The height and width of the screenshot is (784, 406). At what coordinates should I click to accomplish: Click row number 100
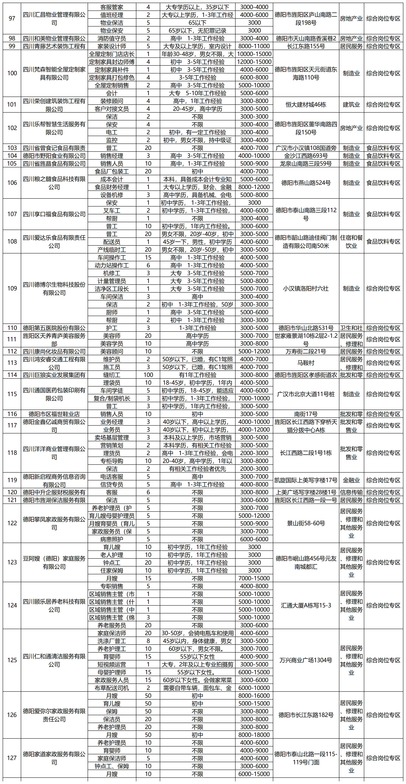(x=12, y=73)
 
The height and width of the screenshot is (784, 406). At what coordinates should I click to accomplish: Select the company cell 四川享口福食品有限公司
(x=54, y=214)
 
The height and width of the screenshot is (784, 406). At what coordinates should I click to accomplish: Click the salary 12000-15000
(x=254, y=62)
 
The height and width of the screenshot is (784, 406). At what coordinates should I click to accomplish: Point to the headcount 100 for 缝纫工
(x=148, y=375)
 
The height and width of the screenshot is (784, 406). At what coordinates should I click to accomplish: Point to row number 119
(x=12, y=480)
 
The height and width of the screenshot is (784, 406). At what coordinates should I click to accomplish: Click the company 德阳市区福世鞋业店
(x=54, y=414)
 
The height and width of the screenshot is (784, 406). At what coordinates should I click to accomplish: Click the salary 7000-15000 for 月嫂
(x=254, y=578)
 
